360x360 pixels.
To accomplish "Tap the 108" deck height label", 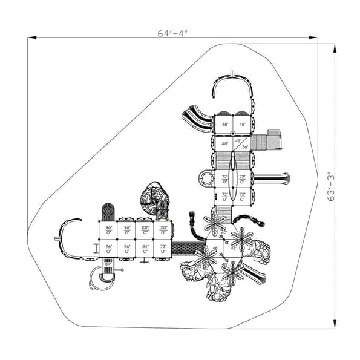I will [145, 229].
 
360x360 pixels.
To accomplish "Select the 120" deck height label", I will [163, 229].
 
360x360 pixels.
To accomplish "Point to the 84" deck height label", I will [145, 247].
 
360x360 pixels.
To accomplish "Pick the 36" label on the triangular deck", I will [244, 146].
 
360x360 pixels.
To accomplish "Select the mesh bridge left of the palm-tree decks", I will [188, 247].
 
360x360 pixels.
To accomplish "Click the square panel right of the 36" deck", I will [274, 132].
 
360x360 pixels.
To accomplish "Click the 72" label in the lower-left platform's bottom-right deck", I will [163, 247].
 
